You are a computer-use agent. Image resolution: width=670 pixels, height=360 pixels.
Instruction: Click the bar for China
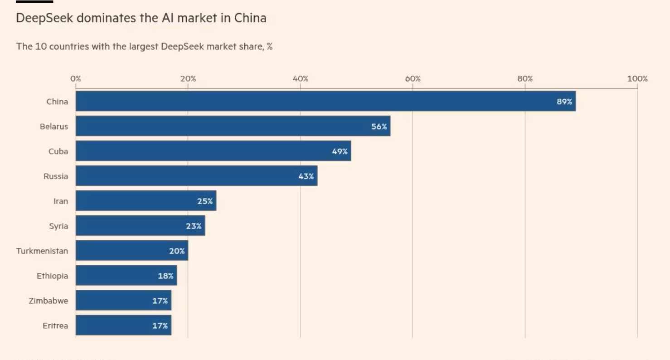325,101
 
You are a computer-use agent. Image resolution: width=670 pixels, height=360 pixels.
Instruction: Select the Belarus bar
233,126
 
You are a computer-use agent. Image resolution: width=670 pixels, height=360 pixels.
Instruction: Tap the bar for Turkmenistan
131,250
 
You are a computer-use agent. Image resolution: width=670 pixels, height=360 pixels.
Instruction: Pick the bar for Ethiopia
126,275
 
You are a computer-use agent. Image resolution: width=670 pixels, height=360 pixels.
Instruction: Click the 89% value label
564,102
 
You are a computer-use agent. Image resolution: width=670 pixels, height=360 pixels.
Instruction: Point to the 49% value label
340,151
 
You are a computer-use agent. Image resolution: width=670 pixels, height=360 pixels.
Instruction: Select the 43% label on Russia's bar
306,176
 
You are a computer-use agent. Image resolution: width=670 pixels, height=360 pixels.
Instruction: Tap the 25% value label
205,201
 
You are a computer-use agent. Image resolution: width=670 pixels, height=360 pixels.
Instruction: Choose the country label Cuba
58,151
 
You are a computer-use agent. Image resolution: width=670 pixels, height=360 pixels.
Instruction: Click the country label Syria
58,226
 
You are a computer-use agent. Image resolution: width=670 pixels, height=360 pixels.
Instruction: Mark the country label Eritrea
56,325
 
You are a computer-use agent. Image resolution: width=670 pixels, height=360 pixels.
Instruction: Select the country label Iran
61,201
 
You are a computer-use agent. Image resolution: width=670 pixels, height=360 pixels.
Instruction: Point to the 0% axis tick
76,79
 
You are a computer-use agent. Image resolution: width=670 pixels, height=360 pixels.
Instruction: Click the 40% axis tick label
301,79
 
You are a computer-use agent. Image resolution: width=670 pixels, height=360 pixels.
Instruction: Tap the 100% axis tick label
637,79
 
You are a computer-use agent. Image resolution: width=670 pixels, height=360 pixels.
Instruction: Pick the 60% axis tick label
413,79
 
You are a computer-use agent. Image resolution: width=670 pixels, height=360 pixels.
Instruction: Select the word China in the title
250,18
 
